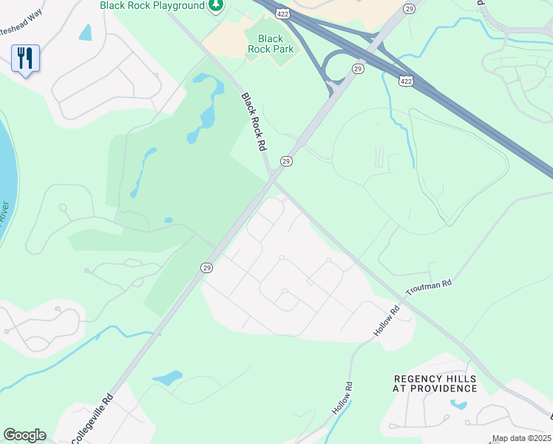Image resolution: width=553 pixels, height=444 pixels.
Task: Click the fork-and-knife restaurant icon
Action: point(25,58)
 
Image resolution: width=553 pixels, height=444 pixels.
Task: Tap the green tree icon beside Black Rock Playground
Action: point(215,7)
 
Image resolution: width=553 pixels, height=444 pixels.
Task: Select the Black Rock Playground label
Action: point(152,6)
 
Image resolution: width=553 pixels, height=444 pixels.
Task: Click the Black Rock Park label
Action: point(271,44)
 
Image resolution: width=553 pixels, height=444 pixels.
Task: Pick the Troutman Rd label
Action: point(427,286)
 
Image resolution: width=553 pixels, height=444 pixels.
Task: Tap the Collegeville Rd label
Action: point(92,417)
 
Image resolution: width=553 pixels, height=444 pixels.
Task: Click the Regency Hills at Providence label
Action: point(435,383)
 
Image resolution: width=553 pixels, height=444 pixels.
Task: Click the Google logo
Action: point(24,435)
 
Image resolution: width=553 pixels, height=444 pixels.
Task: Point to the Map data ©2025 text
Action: point(520,439)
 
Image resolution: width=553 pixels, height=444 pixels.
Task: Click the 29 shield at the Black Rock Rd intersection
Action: point(285,161)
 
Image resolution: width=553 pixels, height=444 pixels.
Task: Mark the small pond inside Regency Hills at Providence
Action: point(458,405)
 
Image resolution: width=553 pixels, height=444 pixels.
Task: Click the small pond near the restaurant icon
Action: point(86,33)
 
